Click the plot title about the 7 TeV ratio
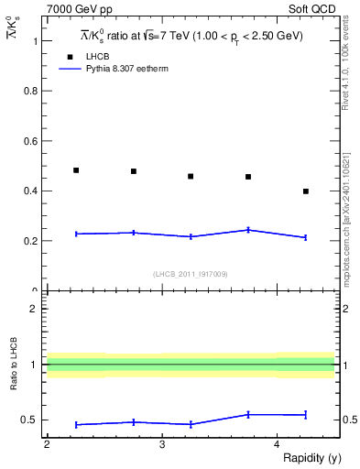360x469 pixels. click(x=190, y=36)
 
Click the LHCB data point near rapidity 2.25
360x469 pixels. click(x=76, y=170)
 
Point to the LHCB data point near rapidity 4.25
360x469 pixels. click(x=306, y=191)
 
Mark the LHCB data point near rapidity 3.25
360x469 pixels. click(x=191, y=176)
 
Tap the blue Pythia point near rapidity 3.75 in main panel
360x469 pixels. click(x=248, y=230)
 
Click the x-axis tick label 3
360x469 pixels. click(x=161, y=444)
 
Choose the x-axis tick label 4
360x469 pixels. click(x=277, y=444)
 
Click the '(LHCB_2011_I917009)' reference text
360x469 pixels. click(x=190, y=274)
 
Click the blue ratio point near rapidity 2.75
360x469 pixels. click(x=134, y=422)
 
